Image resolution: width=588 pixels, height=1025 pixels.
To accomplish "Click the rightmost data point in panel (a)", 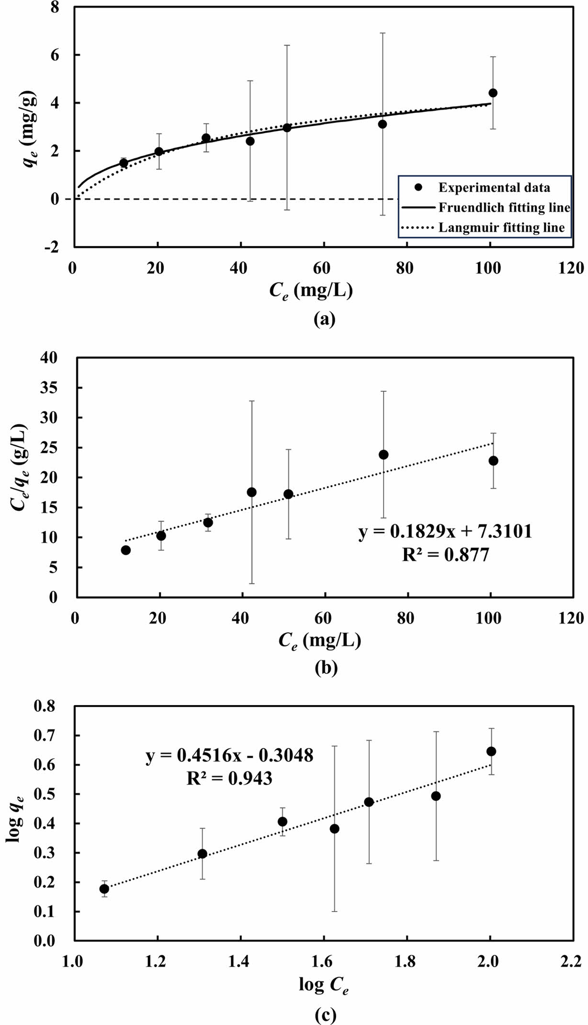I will (x=493, y=93).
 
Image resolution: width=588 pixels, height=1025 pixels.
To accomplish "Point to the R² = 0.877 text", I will (x=445, y=555).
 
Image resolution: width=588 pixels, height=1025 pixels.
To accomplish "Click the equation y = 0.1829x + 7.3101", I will (x=445, y=532).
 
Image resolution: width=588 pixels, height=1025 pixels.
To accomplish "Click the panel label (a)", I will (x=324, y=319).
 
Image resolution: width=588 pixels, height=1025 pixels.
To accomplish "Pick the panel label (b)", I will (x=326, y=667).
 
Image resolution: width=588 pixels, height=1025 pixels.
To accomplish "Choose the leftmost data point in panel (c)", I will (x=104, y=889).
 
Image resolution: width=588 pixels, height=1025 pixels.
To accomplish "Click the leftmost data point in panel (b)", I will (x=125, y=550).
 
